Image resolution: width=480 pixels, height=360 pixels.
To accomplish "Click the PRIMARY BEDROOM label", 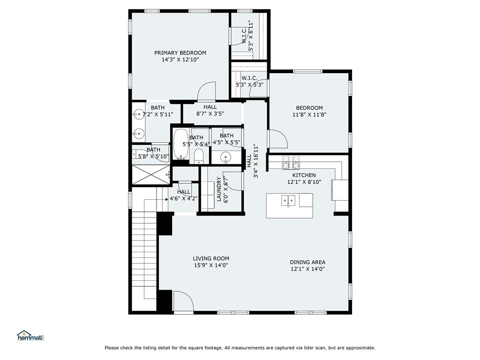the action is coord(180,52).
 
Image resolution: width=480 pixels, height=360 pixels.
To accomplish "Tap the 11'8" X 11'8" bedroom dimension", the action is coord(309,114).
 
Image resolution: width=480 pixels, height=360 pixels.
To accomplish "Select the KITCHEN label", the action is coord(304,175).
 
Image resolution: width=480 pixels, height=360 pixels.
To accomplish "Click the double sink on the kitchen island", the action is coord(288,201).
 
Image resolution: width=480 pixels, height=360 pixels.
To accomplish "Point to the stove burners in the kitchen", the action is coord(291,162).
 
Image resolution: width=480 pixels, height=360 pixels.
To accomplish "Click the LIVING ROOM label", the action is coord(211,258).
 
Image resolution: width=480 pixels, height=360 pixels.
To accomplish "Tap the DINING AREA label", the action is coord(307,262).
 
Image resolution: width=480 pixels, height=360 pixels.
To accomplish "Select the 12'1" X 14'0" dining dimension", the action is coord(307,269).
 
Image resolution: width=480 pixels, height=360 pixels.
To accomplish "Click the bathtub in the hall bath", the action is coord(181,144).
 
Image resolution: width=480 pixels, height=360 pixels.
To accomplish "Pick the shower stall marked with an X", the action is coord(150,175).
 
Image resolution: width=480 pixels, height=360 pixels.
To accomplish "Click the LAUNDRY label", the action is coord(219,189).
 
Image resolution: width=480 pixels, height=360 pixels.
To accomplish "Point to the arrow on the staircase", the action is coord(166,199).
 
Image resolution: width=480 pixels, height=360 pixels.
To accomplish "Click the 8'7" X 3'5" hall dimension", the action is coord(210,113).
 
